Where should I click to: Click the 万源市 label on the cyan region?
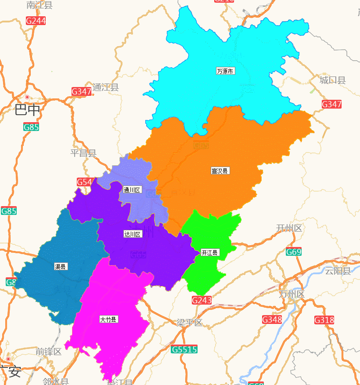(x=225, y=71)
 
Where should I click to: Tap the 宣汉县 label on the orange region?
(x=220, y=171)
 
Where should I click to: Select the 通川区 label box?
(x=132, y=190)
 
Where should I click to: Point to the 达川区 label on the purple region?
(x=133, y=234)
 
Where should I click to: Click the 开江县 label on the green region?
(x=210, y=252)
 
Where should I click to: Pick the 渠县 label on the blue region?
(x=61, y=266)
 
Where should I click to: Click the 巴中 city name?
(x=27, y=110)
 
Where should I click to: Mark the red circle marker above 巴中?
(x=27, y=97)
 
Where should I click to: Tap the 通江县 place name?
(x=105, y=87)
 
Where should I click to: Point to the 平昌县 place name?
(x=83, y=153)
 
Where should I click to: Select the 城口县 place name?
(x=332, y=80)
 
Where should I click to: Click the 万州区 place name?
(x=291, y=294)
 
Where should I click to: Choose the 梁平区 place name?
(x=189, y=323)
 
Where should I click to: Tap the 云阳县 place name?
(x=338, y=270)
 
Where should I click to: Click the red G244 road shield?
(x=36, y=21)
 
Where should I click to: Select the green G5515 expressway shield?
(x=184, y=349)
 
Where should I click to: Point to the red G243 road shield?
(x=202, y=300)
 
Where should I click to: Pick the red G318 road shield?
(x=324, y=320)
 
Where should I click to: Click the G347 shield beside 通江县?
(x=82, y=91)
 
